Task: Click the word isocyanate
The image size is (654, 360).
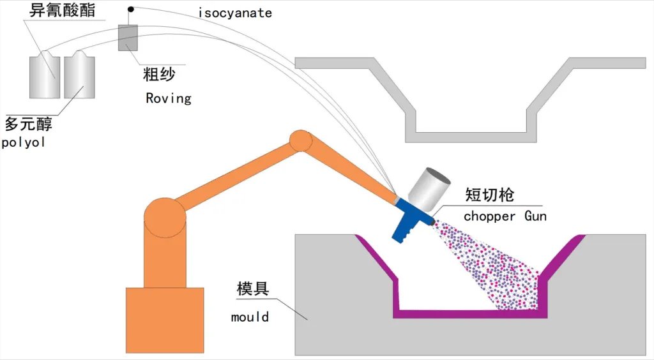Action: [x=234, y=12]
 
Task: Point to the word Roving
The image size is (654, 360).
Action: [x=169, y=98]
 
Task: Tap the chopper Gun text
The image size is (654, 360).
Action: [x=505, y=216]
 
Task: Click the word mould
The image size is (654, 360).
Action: [x=250, y=316]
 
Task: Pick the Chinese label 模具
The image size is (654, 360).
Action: [x=253, y=289]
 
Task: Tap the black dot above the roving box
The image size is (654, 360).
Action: [x=130, y=9]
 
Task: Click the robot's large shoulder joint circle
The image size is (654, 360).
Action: [x=165, y=218]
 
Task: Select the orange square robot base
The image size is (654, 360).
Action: [x=165, y=319]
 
